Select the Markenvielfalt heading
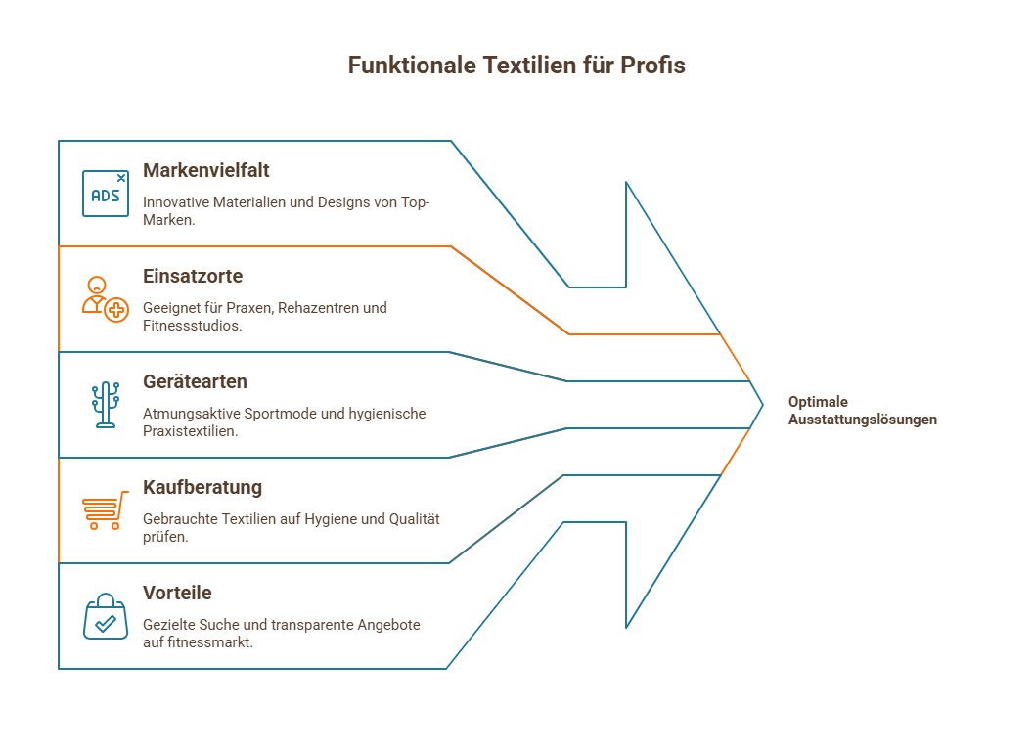206,170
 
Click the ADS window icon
106,194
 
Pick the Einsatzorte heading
193,276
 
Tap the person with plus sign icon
105,299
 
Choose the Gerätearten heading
195,381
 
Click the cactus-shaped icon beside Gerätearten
105,405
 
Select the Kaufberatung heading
202,487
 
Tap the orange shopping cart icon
105,509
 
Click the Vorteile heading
177,593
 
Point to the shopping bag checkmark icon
105,616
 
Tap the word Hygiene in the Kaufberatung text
332,519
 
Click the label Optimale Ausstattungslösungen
862,411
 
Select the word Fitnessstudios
191,325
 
